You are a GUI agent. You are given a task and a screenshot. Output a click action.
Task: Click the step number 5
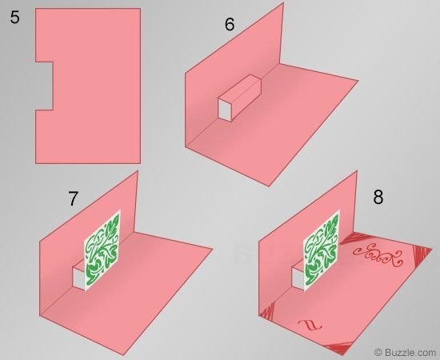point(15,17)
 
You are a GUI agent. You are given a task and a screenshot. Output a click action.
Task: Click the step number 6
point(230,24)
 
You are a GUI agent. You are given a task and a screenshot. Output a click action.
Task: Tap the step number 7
point(73,198)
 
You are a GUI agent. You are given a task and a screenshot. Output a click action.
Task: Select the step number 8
point(378,197)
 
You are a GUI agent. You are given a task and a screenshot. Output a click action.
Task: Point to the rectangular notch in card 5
point(44,86)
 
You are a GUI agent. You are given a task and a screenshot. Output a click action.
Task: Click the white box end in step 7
point(78,277)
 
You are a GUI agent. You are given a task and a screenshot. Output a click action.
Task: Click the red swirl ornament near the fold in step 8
point(378,255)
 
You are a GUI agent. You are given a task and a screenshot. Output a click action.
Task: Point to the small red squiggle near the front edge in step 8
point(310,324)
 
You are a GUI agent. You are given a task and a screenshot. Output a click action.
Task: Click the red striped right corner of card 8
point(422,254)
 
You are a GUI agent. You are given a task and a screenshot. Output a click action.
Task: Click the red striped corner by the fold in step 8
point(350,238)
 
